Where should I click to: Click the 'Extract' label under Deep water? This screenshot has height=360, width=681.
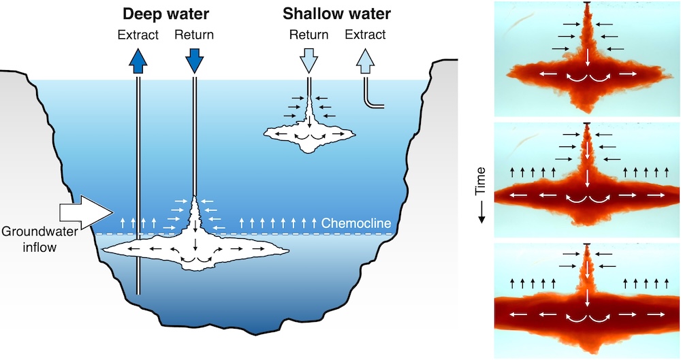[x=138, y=34]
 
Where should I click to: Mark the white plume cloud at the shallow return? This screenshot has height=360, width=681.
[x=311, y=133]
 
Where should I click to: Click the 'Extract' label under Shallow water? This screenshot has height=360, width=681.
[x=365, y=34]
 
